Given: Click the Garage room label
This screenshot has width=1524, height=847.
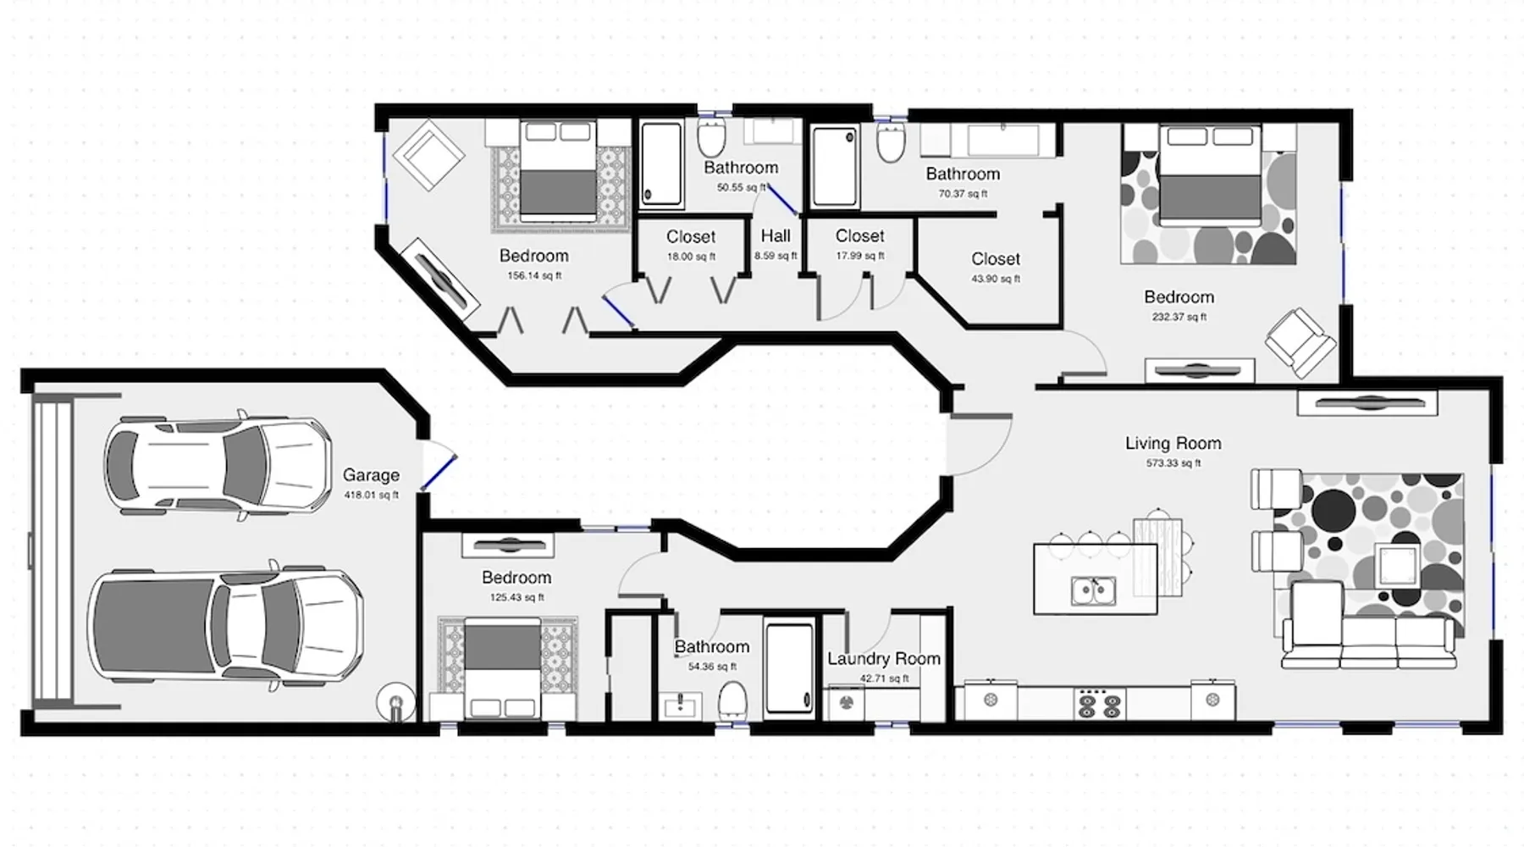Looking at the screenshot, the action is click(371, 475).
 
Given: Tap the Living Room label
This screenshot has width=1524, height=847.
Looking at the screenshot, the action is click(1173, 443).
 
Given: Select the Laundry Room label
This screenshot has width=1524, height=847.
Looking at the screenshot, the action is click(884, 658).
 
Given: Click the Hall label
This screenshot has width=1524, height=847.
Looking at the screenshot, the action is click(776, 236).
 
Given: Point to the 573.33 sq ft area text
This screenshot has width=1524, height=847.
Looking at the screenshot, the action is click(1173, 463).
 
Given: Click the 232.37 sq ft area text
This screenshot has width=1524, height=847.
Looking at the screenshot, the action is click(1179, 317).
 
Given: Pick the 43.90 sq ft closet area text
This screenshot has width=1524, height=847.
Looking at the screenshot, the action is click(996, 279).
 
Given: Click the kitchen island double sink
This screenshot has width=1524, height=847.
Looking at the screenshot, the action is click(1094, 591).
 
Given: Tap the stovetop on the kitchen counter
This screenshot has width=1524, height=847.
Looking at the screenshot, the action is click(1099, 703).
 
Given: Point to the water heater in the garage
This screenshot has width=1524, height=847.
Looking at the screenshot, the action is click(395, 702).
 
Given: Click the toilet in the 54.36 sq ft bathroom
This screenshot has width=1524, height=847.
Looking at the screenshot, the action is click(732, 702).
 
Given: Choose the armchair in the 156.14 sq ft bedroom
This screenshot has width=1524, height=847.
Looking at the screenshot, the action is click(433, 155).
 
